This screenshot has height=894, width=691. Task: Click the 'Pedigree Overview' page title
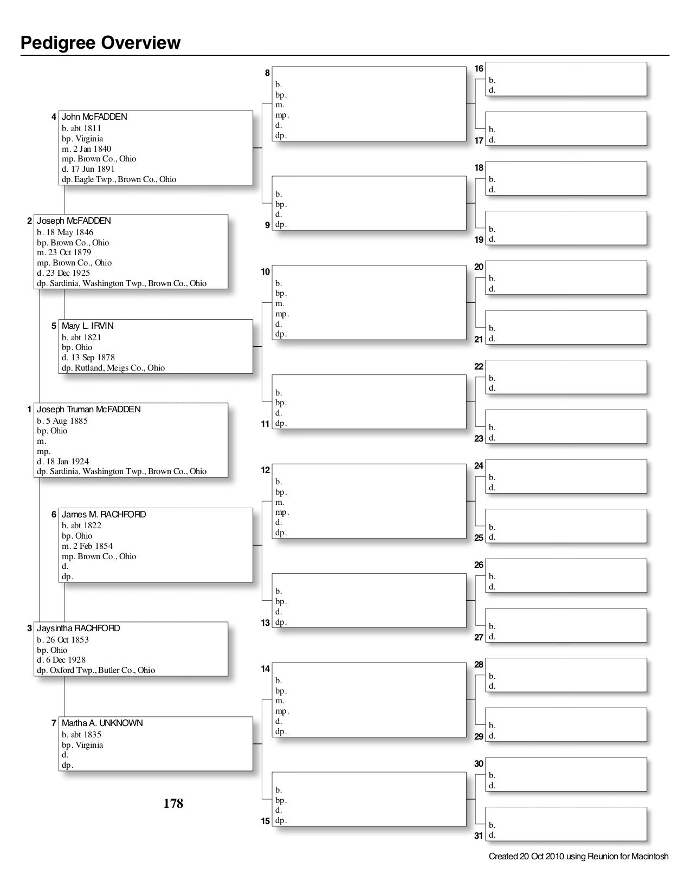(100, 42)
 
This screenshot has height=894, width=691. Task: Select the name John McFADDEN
(94, 116)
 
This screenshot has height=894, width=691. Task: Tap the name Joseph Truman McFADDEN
(88, 409)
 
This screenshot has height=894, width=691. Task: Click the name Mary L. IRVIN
(87, 326)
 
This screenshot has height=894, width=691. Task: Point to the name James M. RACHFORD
(104, 514)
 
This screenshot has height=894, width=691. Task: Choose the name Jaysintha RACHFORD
(78, 628)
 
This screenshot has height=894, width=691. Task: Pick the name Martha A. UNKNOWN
(102, 723)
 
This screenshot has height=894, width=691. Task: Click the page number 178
(173, 803)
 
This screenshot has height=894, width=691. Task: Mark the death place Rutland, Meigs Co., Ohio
(113, 367)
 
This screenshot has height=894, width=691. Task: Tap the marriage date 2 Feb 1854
(87, 546)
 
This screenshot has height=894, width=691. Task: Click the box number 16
(479, 68)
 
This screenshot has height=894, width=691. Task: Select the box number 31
(479, 835)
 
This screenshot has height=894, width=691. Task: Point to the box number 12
(265, 470)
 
